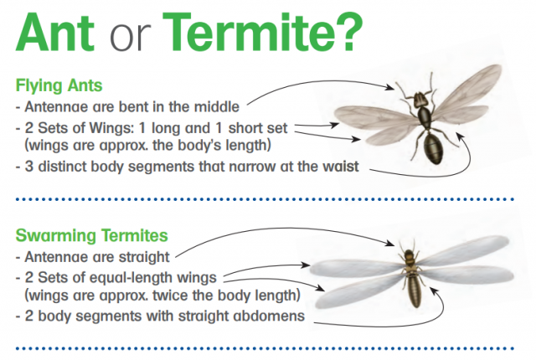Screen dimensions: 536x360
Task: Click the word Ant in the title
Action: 54,33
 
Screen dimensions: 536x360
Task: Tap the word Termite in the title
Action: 250,32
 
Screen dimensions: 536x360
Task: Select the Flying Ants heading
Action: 59,85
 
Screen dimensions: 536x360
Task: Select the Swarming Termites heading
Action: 91,235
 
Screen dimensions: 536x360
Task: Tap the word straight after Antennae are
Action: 144,257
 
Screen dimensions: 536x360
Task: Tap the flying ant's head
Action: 420,100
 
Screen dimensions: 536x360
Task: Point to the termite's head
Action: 409,255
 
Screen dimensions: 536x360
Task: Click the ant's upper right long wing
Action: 466,90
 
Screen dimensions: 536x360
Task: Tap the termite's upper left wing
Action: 355,267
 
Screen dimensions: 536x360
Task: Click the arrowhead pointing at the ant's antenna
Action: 390,87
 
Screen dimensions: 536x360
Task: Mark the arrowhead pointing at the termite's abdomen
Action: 433,291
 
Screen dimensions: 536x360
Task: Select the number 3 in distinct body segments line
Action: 28,167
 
